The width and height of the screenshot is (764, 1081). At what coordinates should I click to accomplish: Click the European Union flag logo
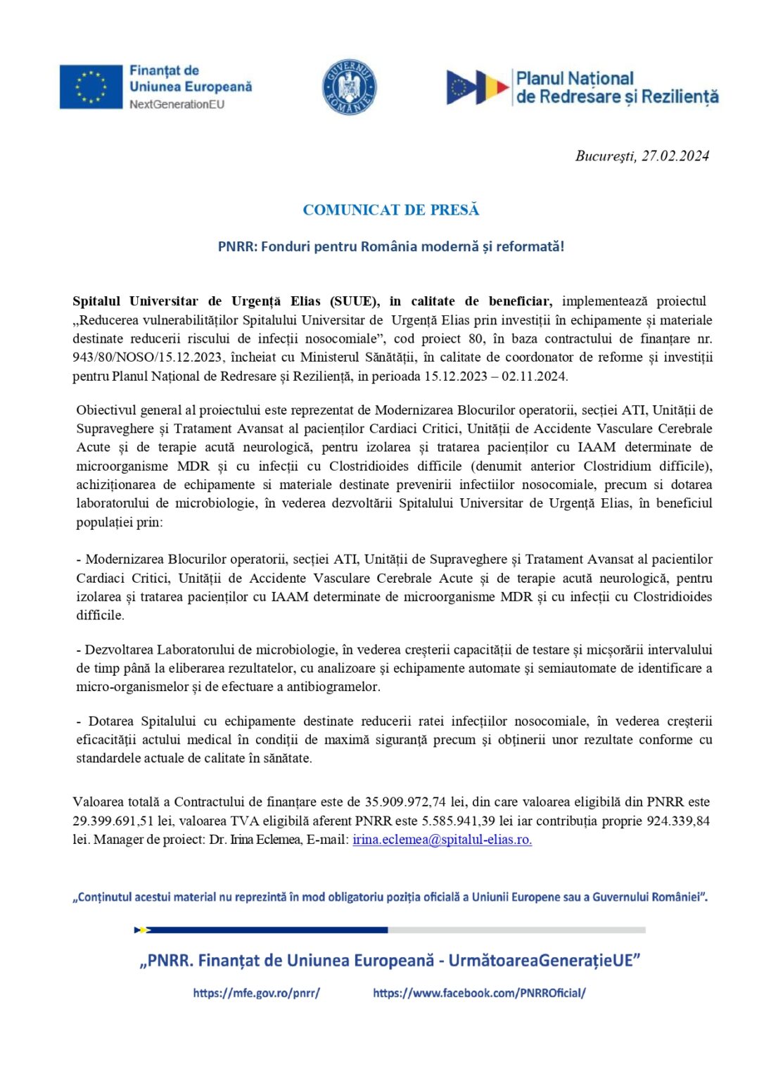point(91,87)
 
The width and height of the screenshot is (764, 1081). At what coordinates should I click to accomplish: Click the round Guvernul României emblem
point(349,87)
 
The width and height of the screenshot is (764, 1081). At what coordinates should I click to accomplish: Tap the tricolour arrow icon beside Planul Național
point(478,87)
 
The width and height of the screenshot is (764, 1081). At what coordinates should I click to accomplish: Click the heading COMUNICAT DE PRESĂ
point(390,210)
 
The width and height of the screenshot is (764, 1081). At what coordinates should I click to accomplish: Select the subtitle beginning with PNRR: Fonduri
point(390,246)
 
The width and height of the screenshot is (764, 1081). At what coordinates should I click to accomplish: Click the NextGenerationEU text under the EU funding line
point(177,104)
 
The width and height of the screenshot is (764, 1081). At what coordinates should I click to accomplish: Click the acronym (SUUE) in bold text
point(355,301)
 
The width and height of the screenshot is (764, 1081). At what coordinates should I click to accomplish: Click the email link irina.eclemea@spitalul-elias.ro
point(442,840)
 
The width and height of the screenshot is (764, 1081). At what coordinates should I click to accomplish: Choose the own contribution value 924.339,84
point(678,821)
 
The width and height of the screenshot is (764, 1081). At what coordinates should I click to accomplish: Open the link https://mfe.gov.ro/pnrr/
point(256,993)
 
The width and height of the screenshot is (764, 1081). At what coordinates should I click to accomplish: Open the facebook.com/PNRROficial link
point(479,993)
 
